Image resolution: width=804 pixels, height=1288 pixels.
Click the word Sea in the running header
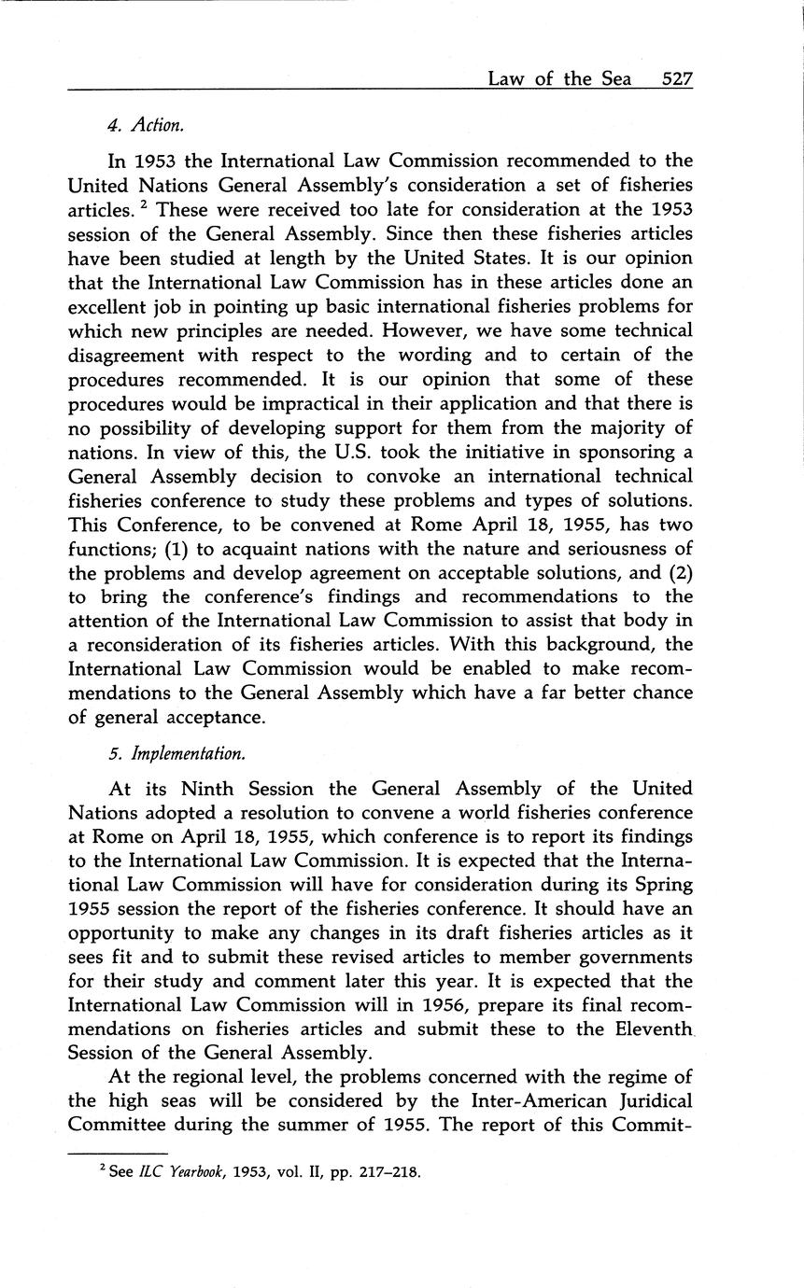pos(616,78)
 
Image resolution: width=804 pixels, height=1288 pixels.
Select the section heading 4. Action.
pos(143,123)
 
